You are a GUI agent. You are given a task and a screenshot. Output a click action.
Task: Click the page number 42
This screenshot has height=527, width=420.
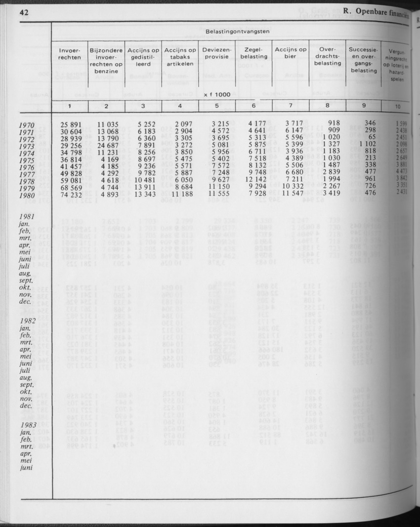[23, 13]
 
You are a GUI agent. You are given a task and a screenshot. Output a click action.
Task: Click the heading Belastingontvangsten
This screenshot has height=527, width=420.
[231, 31]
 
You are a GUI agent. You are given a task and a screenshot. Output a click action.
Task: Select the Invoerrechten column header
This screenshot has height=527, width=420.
[70, 53]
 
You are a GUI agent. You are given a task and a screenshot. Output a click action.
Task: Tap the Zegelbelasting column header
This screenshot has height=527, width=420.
[253, 53]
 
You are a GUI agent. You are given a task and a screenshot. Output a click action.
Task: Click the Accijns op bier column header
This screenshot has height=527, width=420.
[291, 53]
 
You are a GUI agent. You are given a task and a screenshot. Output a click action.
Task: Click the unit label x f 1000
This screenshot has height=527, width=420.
[218, 94]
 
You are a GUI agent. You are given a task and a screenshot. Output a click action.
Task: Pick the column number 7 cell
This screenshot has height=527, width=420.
[291, 106]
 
